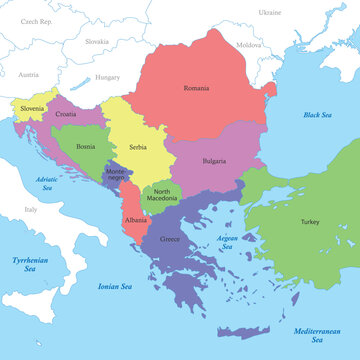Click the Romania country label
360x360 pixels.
[196, 88]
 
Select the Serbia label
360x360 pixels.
[138, 147]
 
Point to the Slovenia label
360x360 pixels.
[31, 109]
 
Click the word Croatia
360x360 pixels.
[66, 114]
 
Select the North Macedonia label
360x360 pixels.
[162, 196]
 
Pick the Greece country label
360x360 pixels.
[171, 240]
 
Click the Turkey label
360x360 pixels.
[309, 222]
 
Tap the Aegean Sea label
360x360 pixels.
[227, 242]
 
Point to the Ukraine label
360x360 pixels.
[270, 12]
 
